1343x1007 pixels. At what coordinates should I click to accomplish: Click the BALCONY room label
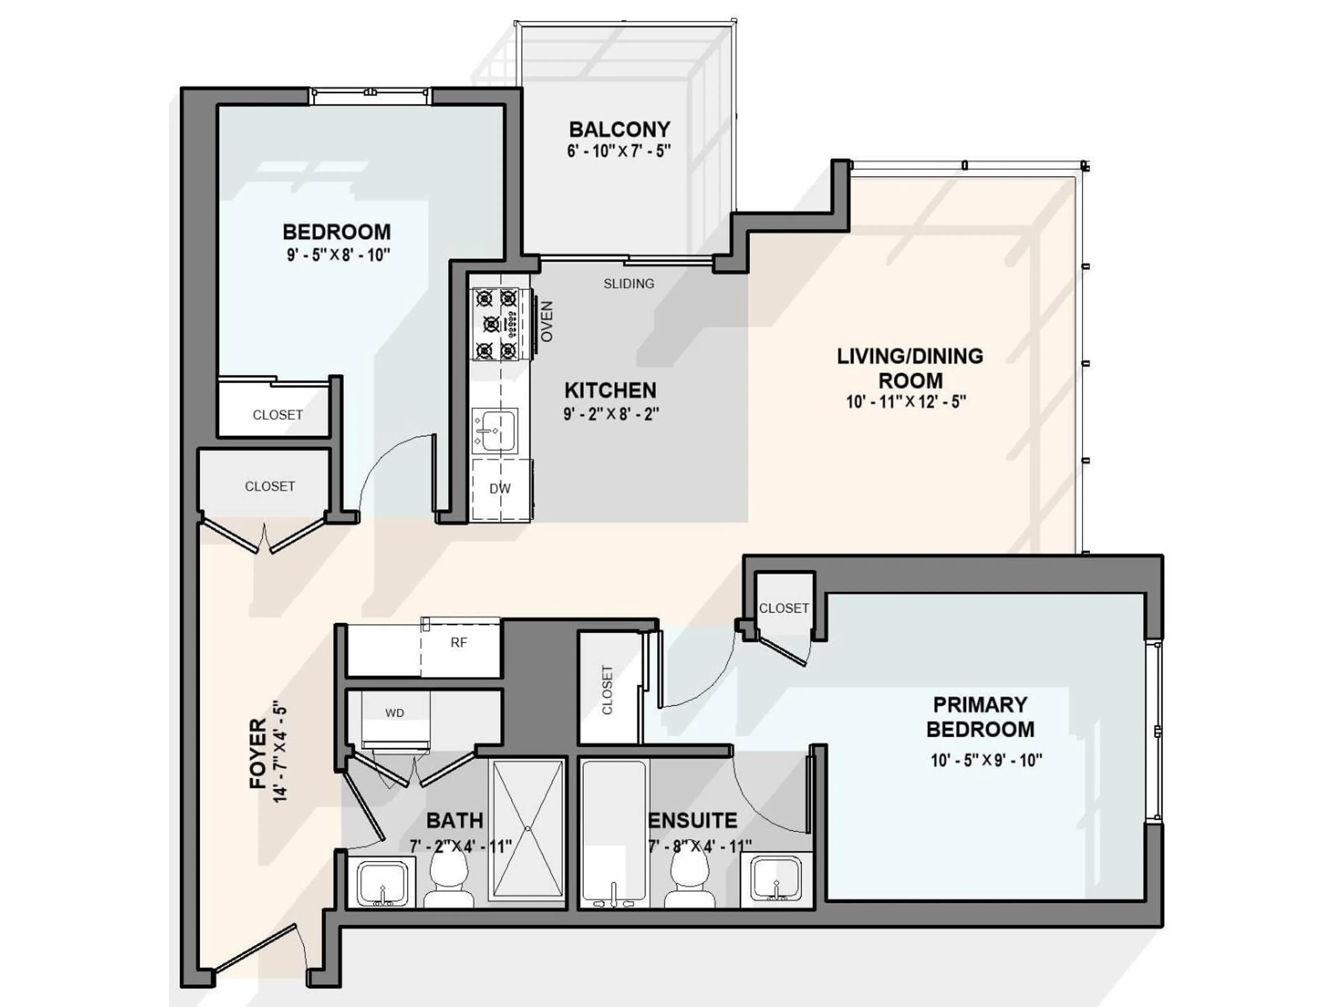tap(619, 129)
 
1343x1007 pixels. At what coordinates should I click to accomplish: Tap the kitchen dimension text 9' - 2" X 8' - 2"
tap(611, 414)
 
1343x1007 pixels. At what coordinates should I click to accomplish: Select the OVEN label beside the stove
tap(546, 322)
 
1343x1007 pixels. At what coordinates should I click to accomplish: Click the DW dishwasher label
tap(500, 488)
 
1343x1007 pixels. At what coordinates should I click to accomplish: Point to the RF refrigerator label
tap(459, 643)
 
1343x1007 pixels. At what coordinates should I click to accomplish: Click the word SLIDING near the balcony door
tap(628, 284)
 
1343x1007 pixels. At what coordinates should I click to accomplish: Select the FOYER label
tap(258, 754)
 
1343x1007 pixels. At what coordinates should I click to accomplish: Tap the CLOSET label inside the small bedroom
tap(277, 415)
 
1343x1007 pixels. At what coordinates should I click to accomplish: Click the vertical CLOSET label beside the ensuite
tap(607, 690)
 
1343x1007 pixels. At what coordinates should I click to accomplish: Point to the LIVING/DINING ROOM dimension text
tap(906, 402)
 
